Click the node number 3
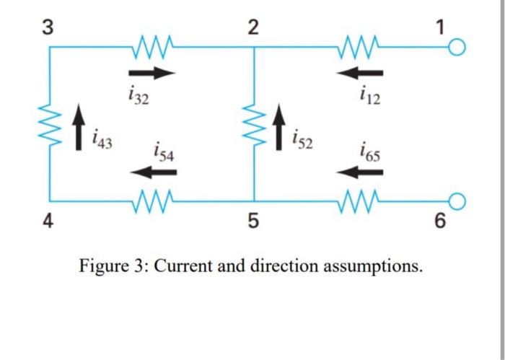(x=47, y=27)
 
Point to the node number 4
(x=47, y=221)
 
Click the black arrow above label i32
(x=151, y=72)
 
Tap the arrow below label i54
(x=153, y=172)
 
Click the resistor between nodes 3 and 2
(x=151, y=48)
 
